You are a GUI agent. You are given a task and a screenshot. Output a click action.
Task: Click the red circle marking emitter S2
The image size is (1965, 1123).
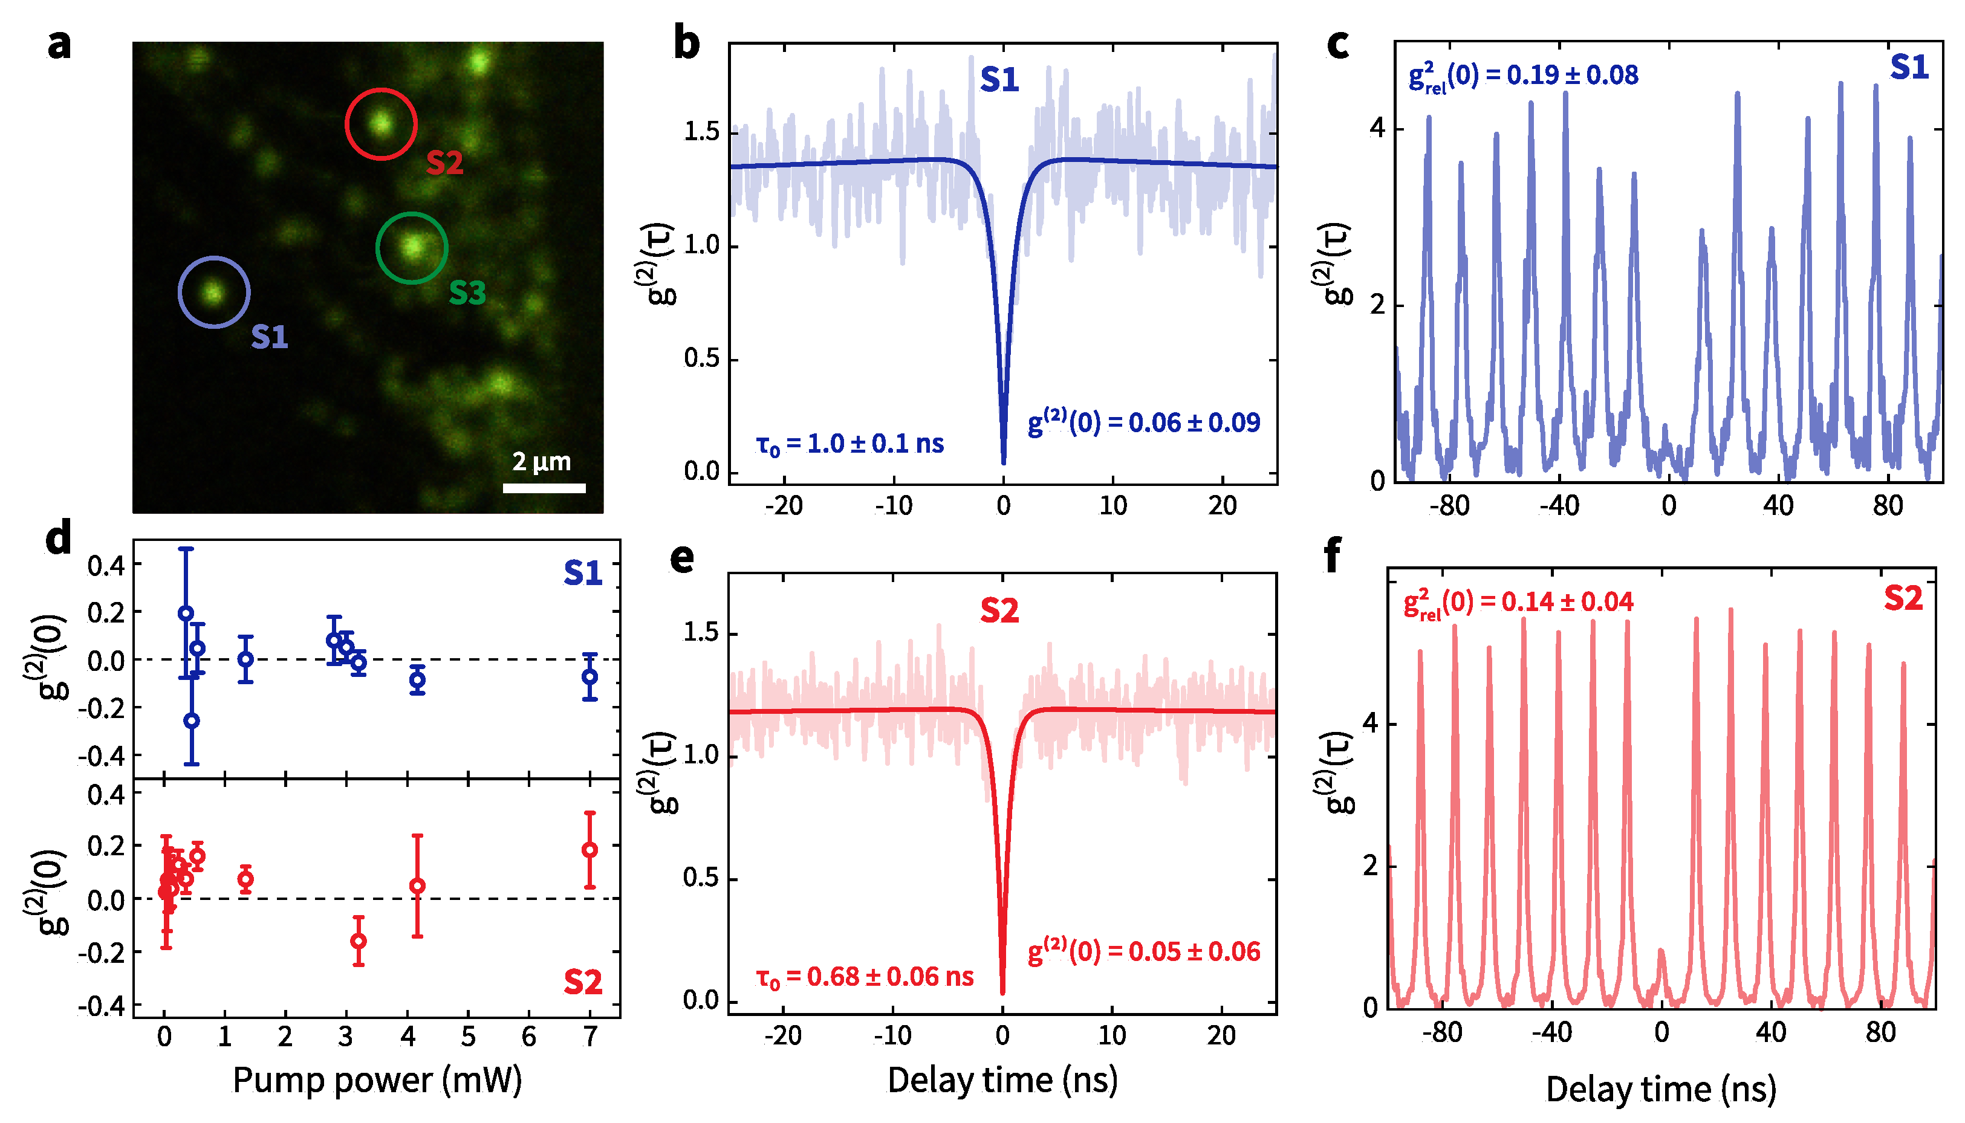pos(381,123)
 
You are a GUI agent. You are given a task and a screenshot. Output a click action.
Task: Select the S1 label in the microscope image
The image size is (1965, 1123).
pos(269,337)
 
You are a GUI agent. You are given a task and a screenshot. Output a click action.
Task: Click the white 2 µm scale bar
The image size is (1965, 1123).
pos(544,487)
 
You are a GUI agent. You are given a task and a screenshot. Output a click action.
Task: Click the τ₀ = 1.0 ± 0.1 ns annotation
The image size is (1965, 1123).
pos(850,444)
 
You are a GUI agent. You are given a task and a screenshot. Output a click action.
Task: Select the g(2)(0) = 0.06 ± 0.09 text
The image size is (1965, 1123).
pos(1144,422)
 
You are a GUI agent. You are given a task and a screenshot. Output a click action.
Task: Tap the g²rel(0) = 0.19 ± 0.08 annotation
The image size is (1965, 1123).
pos(1523,76)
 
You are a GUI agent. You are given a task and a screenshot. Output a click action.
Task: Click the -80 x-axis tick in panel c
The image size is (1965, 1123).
pos(1449,506)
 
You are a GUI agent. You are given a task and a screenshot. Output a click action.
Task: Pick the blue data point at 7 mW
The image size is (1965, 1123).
pos(590,676)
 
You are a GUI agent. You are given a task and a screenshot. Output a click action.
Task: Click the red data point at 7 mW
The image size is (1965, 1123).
pos(590,850)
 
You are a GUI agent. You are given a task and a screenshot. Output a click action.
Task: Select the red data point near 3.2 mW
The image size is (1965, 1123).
pos(359,941)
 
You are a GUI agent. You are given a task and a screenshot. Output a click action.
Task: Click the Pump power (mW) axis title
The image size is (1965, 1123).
pos(377,1081)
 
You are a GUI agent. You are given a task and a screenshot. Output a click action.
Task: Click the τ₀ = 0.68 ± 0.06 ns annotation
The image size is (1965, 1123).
pos(865,977)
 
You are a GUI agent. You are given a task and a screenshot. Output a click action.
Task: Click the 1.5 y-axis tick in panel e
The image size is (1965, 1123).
pos(700,633)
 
